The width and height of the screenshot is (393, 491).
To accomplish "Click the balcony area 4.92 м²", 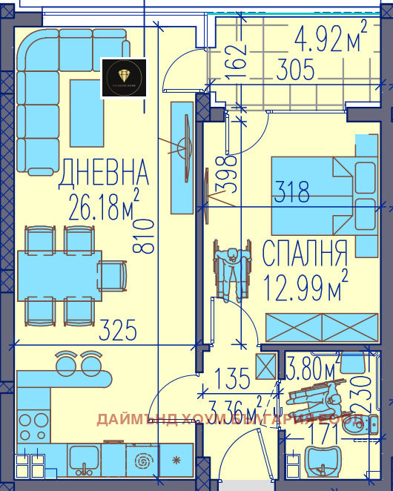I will tap(331, 39).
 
